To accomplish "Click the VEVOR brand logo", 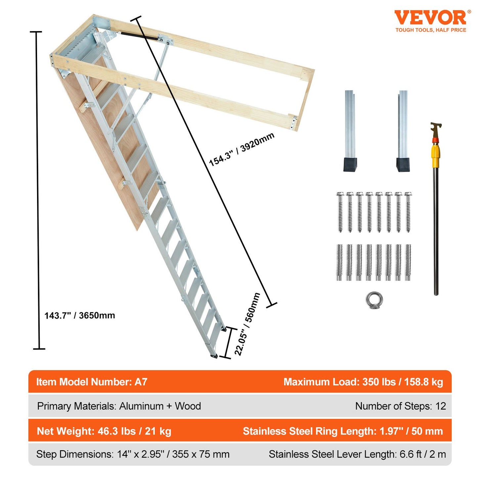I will (430, 18).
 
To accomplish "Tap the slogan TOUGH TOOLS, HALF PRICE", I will (431, 30).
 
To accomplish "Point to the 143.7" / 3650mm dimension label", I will (80, 316).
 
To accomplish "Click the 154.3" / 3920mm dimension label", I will (241, 149).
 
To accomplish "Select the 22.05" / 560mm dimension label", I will (247, 324).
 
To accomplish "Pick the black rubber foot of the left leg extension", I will (350, 165).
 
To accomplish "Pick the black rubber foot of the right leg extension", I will (403, 165).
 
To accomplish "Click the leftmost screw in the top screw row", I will (340, 212).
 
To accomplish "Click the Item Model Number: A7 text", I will (92, 382).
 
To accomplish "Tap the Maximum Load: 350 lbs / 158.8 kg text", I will (363, 382).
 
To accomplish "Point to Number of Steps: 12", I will (400, 406).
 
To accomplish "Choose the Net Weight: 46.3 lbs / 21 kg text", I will (104, 431).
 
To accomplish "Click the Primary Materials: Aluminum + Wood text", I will (119, 406).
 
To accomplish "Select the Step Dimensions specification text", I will (133, 455).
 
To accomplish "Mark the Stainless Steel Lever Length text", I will (357, 455).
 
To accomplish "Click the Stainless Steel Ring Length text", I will (342, 431).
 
